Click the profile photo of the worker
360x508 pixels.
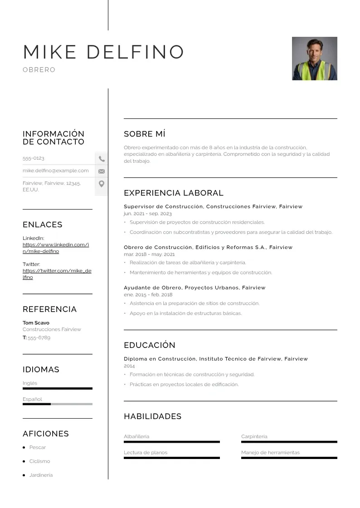coord(314,59)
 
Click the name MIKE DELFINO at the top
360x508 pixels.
coord(103,52)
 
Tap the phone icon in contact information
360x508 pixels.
coord(102,159)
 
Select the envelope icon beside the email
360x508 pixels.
coord(102,171)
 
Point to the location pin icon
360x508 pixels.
coord(102,184)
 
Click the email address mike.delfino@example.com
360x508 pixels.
coord(56,171)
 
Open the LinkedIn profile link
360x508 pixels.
coord(55,248)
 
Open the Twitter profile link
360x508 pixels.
coord(57,274)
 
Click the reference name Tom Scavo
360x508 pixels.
coord(36,323)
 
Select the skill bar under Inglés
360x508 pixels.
coord(57,388)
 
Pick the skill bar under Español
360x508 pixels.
coord(57,404)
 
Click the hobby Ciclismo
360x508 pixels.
coord(39,461)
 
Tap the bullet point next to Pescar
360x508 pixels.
coord(24,448)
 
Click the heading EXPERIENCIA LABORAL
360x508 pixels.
coord(173,193)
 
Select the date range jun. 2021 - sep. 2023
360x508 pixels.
coord(147,214)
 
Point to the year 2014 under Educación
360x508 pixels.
coord(129,366)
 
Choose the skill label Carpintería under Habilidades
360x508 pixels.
coord(254,436)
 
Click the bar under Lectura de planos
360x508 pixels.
coord(171,458)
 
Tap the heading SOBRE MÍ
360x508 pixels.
coord(144,134)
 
